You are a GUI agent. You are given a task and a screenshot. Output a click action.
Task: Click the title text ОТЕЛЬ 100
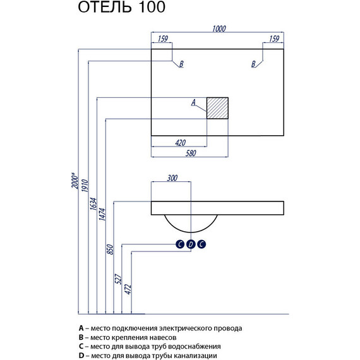point(121,7)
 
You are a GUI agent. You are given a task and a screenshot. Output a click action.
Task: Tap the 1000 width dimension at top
point(219,28)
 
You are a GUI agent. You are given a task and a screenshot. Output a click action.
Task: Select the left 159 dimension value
point(163,39)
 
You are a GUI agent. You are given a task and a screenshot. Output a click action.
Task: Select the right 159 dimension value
point(274,39)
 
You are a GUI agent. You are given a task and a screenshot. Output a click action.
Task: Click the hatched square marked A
point(217,108)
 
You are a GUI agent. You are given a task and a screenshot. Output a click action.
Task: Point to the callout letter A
point(193,102)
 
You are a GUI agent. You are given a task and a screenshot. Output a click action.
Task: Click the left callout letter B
point(181,64)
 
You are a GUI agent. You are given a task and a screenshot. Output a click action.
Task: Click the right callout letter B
point(253,64)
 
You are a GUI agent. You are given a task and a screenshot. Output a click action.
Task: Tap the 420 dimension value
point(180,143)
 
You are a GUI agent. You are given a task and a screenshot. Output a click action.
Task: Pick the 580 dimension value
point(191,153)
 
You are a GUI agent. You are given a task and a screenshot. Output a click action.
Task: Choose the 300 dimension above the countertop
point(172,178)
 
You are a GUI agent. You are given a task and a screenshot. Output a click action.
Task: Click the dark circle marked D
point(191,244)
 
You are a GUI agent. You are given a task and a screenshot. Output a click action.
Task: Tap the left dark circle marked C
point(180,244)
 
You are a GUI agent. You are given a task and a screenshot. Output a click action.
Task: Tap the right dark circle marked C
point(201,244)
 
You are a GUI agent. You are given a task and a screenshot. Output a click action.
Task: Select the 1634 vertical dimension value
point(93,203)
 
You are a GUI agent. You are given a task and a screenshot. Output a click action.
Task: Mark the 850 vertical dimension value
point(110,249)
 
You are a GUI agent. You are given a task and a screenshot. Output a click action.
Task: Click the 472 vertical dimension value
point(128,289)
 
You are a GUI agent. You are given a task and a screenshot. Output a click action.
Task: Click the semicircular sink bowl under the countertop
point(191,232)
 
